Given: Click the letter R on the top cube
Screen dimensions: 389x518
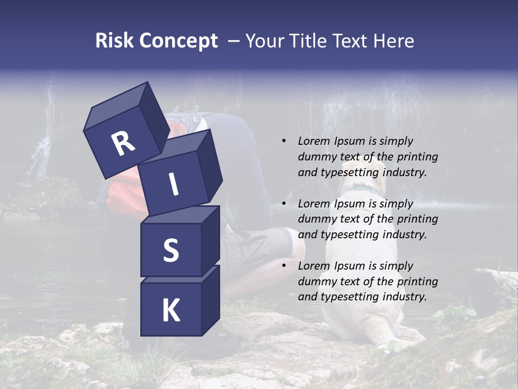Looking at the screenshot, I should click(124, 144).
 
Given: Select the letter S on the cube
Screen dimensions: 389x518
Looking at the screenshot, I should click(171, 250).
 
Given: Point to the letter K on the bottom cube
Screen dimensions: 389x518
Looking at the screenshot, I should click(171, 311).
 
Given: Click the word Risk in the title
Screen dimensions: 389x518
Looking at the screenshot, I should click(115, 41).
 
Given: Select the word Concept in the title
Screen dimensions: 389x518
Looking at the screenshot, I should click(179, 41).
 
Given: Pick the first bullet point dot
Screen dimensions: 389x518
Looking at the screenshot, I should click(284, 141).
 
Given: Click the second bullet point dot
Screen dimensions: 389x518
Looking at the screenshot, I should click(284, 204).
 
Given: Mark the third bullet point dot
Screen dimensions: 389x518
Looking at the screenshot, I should click(284, 266).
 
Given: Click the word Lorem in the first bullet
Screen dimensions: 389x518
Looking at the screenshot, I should click(312, 141).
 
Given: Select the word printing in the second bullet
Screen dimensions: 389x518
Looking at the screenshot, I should click(417, 219).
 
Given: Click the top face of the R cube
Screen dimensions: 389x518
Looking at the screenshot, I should click(116, 106).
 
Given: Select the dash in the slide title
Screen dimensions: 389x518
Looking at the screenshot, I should click(234, 41).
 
